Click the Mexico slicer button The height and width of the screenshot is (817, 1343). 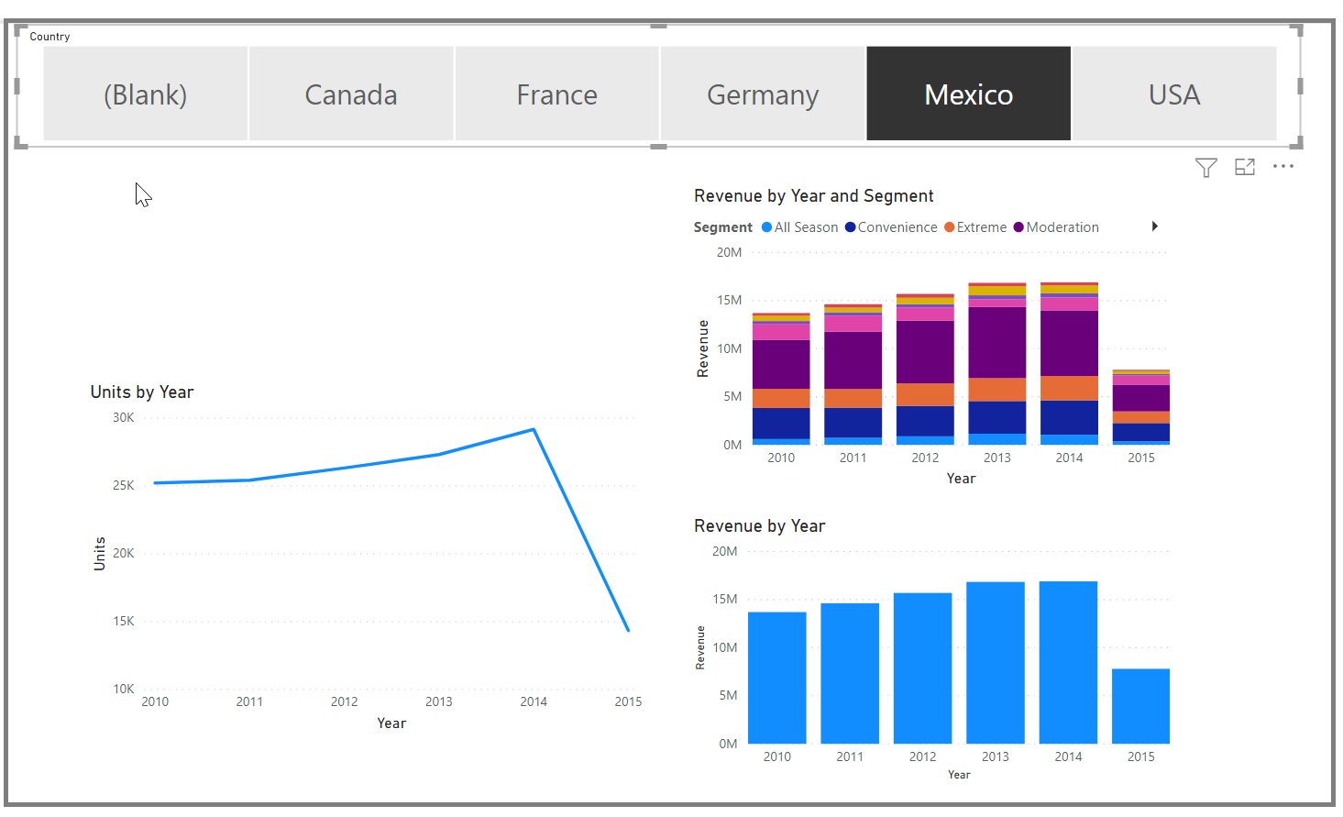pos(968,94)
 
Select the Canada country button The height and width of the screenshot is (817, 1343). pos(351,94)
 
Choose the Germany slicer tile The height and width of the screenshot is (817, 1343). pos(762,94)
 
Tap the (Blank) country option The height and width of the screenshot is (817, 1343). pos(145,94)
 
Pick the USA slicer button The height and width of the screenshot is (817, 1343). pos(1173,94)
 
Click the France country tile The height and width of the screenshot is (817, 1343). pos(556,94)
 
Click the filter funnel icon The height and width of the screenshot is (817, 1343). pos(1205,167)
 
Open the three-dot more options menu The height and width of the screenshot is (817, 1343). pos(1282,166)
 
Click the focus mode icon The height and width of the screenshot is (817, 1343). pos(1244,167)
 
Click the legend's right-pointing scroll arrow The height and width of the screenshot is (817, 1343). pos(1155,226)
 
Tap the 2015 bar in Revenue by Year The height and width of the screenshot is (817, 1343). pos(1140,705)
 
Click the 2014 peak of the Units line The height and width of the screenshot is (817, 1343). pos(534,429)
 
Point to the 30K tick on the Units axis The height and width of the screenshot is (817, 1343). pos(123,417)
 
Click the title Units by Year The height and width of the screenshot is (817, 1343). pos(142,392)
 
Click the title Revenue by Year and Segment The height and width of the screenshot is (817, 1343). pos(813,195)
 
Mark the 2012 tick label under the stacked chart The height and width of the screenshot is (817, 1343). pos(925,458)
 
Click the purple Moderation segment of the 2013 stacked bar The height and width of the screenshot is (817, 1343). pos(996,342)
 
